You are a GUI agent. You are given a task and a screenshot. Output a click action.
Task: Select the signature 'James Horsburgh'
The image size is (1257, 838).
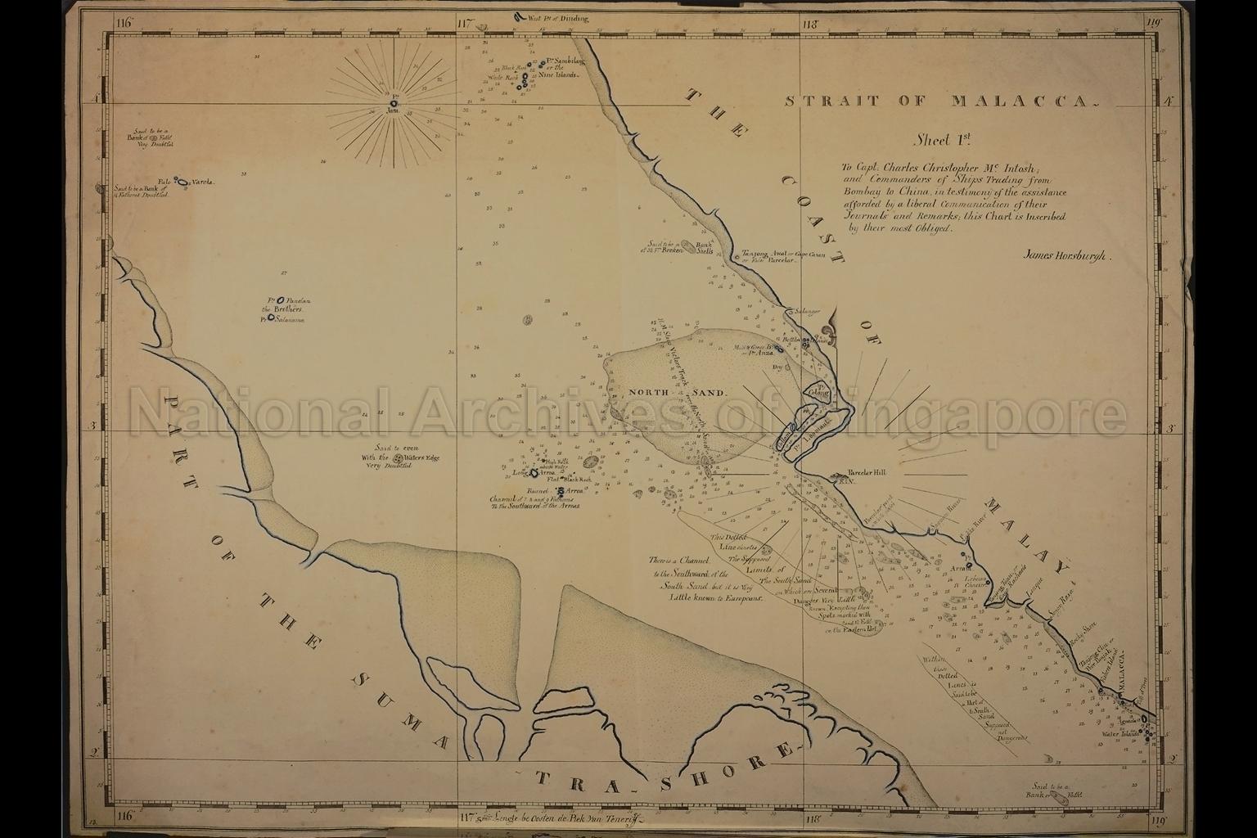[x=1065, y=255]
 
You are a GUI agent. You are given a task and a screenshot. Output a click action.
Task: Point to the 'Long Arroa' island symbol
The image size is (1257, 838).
[x=533, y=473]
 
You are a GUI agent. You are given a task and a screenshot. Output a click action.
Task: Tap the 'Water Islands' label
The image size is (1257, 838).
[x=1120, y=733]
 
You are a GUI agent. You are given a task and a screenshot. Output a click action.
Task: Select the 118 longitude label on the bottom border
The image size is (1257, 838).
[x=812, y=818]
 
